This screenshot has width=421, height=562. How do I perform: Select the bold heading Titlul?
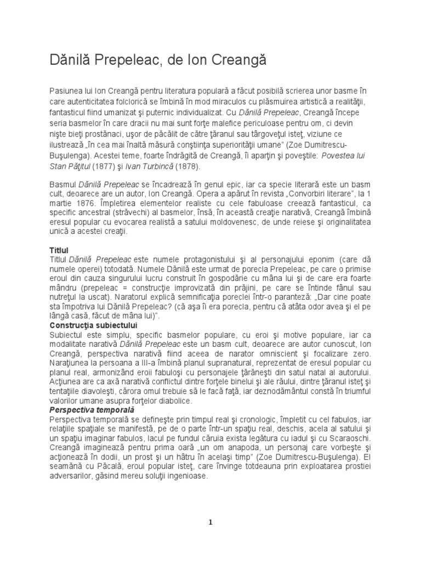[x=59, y=250]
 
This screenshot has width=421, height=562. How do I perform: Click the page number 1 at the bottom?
[x=210, y=522]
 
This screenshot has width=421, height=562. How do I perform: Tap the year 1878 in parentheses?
[x=188, y=167]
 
